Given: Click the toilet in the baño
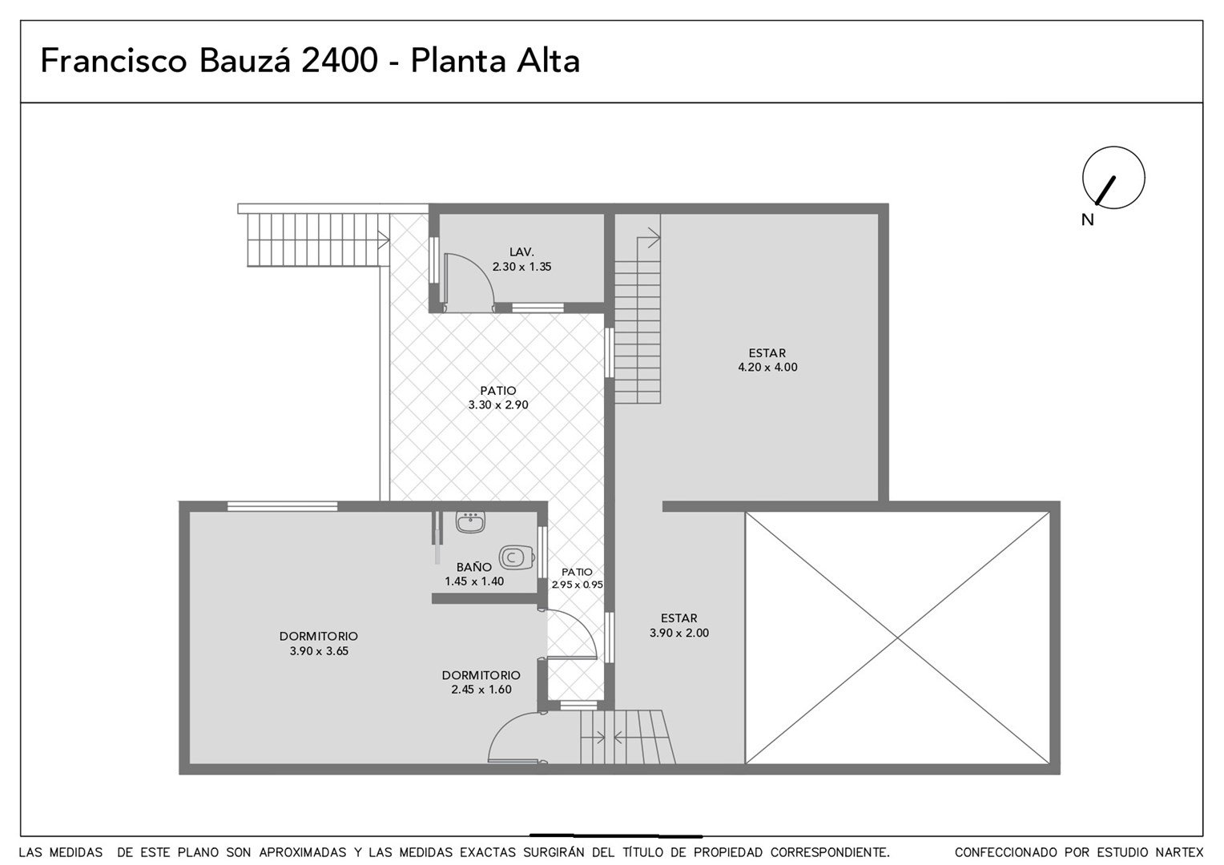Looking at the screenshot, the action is [x=516, y=557].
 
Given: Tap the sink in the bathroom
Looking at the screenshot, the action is [x=470, y=522].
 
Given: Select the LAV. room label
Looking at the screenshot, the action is [x=521, y=252].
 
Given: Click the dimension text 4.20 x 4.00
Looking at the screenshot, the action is [x=767, y=367].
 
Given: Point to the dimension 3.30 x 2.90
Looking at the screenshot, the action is [x=498, y=405].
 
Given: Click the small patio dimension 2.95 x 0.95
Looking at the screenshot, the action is [x=577, y=585].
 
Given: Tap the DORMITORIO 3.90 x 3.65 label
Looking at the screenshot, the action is [x=319, y=644].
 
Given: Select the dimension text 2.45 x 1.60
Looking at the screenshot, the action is [x=481, y=690].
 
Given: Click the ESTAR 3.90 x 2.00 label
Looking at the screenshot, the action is [x=679, y=626].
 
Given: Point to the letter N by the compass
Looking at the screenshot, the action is [x=1087, y=219].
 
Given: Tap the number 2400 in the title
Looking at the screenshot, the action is [x=340, y=60].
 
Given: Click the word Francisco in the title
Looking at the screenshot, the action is [x=114, y=60].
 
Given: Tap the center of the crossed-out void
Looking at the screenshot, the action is [x=897, y=638].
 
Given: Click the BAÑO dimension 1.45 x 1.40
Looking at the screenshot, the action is [x=474, y=581].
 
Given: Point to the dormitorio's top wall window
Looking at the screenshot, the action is [x=283, y=506].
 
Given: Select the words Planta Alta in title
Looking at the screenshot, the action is [x=495, y=60].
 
